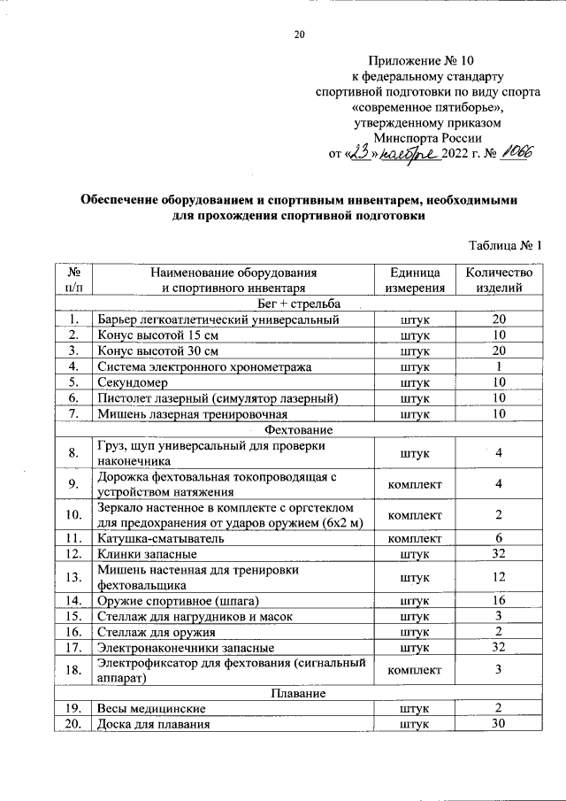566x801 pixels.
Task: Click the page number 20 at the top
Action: pos(298,35)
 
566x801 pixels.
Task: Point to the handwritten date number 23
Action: pos(359,153)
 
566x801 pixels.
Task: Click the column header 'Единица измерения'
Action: pos(414,280)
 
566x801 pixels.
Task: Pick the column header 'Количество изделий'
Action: pos(499,280)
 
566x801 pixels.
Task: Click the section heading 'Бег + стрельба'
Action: pos(298,303)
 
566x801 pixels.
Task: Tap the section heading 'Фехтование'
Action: pos(298,429)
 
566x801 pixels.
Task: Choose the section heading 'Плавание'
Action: pos(298,692)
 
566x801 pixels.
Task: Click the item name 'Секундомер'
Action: pos(131,381)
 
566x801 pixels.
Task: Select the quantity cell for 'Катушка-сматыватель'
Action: pos(499,538)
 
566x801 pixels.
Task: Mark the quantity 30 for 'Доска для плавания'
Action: pos(499,724)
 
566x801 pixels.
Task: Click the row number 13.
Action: pos(74,577)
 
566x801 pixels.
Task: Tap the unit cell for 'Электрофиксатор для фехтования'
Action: pos(414,670)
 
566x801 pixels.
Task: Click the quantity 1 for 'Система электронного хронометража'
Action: pos(499,366)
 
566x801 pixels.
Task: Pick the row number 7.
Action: pos(74,413)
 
